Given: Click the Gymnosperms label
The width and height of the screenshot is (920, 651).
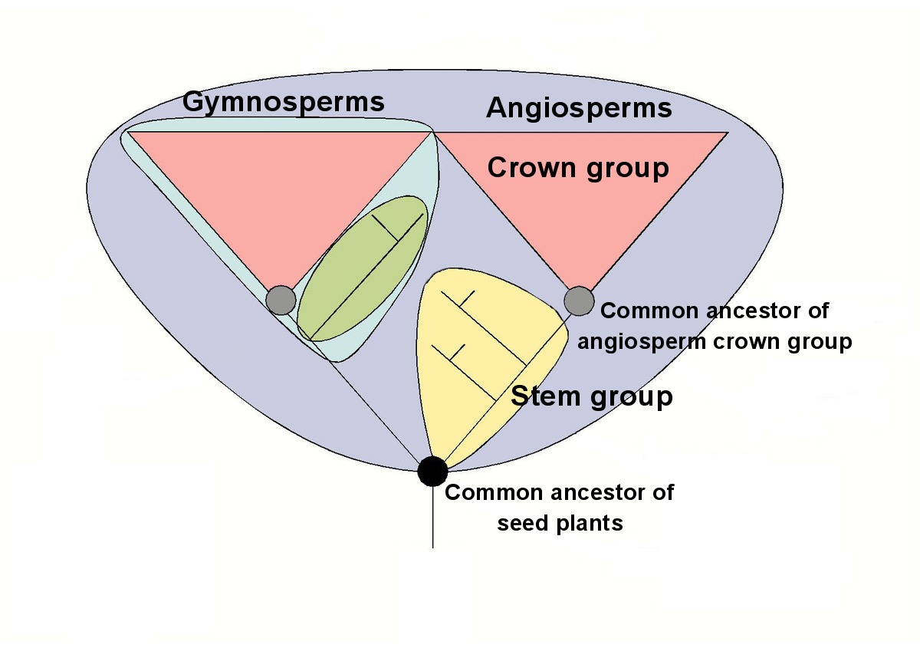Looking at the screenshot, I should (x=283, y=102).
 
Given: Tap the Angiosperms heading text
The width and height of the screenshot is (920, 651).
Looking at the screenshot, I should (x=579, y=108).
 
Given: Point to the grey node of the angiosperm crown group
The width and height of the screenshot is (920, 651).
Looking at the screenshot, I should (x=579, y=301).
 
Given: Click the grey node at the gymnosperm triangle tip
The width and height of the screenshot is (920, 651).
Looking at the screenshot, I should (x=281, y=299).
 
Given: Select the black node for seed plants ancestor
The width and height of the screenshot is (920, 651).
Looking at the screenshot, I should (x=432, y=470).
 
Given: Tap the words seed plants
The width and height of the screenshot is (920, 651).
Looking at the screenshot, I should (x=560, y=524).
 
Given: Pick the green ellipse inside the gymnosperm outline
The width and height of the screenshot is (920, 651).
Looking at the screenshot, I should (x=360, y=268).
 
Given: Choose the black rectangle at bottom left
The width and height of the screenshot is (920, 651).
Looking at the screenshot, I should (x=115, y=547).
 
